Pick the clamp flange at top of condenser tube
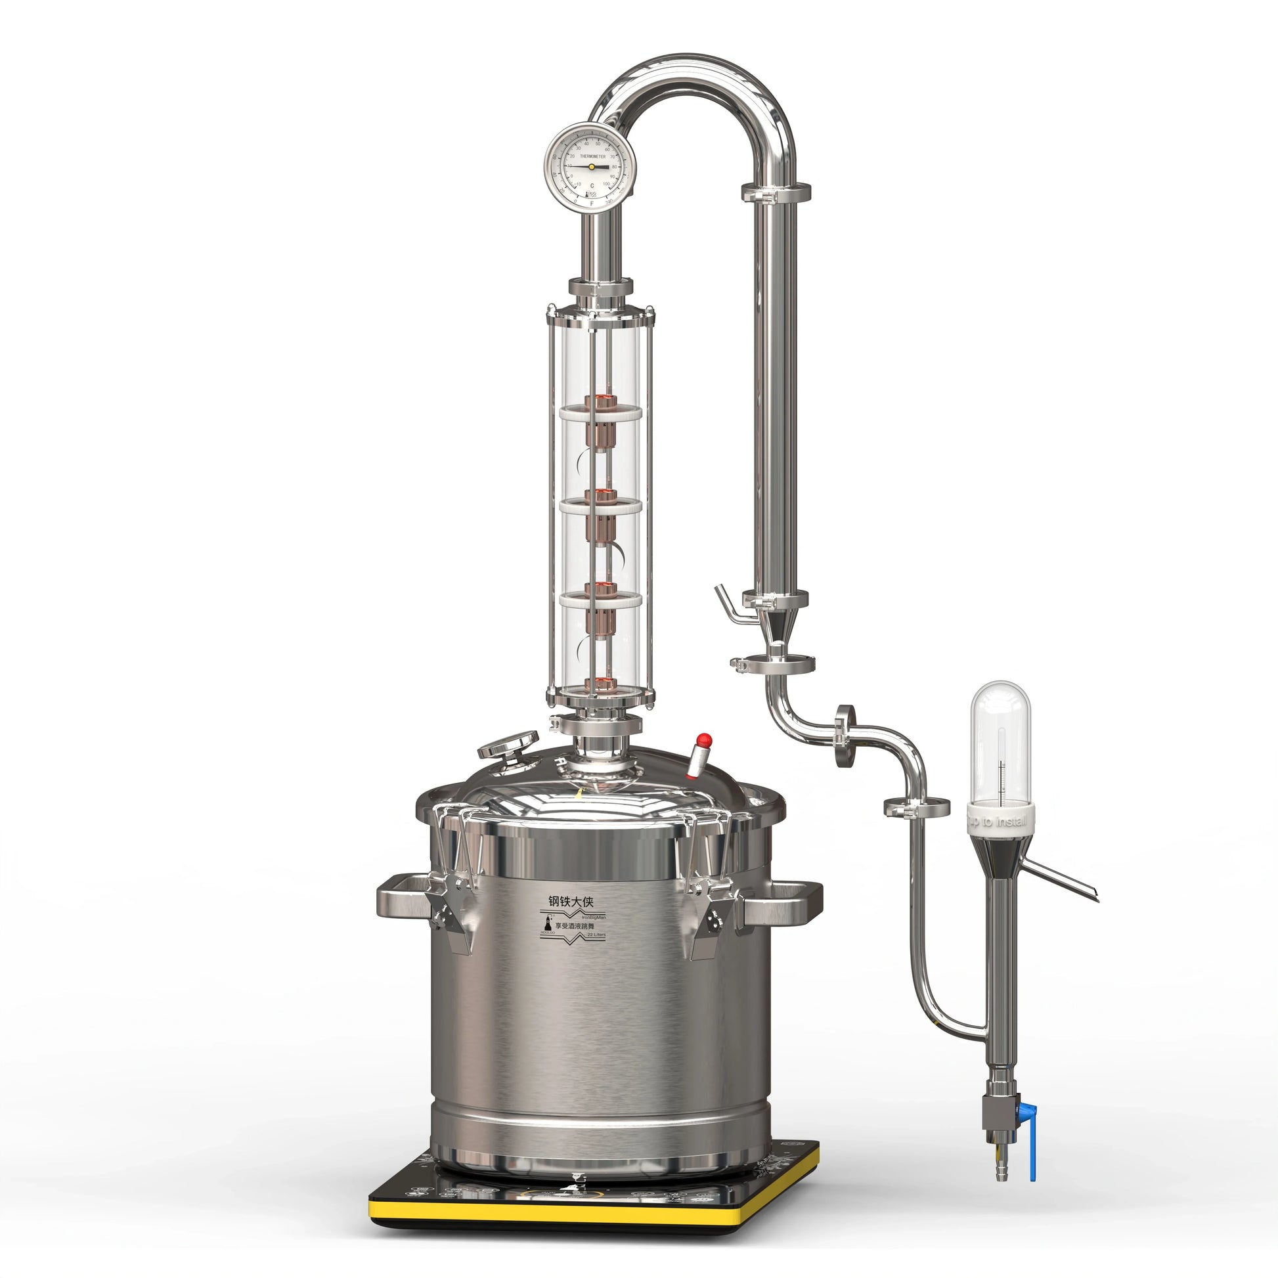[775, 192]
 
